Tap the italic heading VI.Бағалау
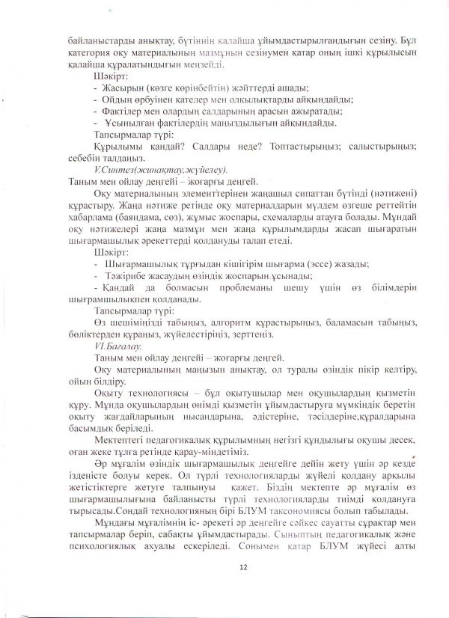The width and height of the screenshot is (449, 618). tap(119, 346)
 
